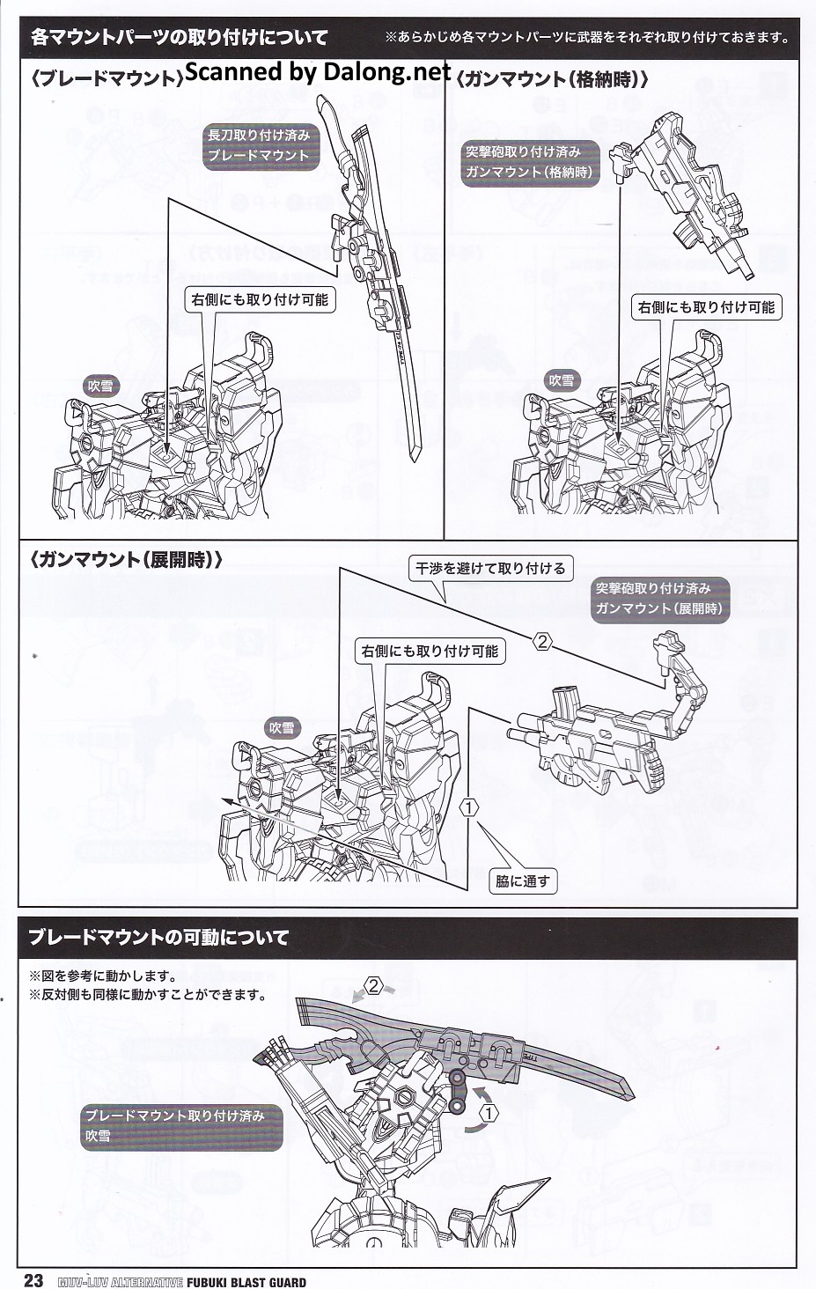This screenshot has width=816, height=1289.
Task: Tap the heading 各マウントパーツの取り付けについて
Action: pos(179,37)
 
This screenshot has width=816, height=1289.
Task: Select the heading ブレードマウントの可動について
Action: pos(158,938)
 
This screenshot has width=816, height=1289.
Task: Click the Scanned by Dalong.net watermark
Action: pos(318,72)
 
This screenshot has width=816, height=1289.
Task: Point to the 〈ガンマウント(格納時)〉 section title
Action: pos(554,79)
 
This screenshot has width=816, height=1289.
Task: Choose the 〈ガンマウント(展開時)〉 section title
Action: pos(126,560)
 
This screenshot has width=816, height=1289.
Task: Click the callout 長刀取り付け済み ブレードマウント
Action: pos(258,145)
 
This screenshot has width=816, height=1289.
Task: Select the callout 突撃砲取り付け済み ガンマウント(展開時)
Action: pos(659,598)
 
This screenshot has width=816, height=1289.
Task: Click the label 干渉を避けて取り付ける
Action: pos(490,569)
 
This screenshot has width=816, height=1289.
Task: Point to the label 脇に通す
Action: pos(523,880)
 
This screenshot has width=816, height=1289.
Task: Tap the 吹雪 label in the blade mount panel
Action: pos(100,386)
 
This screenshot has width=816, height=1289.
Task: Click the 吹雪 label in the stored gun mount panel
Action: pos(561,380)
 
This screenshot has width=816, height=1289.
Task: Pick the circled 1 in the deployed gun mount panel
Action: pos(469,807)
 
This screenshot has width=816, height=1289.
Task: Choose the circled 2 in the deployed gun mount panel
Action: pos(542,642)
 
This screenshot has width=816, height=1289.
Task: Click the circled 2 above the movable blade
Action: pos(374,986)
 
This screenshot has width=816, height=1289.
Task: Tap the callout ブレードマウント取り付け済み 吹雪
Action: pos(174,1126)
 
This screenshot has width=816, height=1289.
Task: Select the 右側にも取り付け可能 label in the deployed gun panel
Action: pos(430,652)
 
